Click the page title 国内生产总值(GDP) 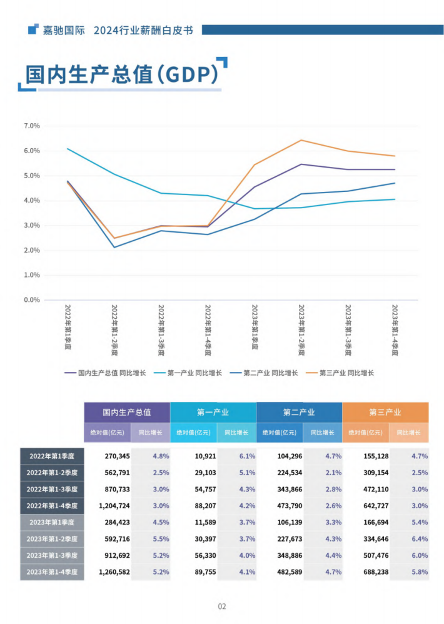pyautogui.click(x=121, y=74)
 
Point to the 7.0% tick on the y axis pyautogui.click(x=31, y=126)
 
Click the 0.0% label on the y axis pyautogui.click(x=31, y=300)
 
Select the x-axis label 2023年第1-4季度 pyautogui.click(x=395, y=330)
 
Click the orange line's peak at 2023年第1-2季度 pyautogui.click(x=301, y=140)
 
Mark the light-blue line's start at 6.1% pyautogui.click(x=68, y=149)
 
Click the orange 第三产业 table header pyautogui.click(x=385, y=413)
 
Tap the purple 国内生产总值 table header pyautogui.click(x=127, y=413)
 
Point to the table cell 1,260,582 pyautogui.click(x=114, y=571)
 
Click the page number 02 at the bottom pyautogui.click(x=222, y=606)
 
